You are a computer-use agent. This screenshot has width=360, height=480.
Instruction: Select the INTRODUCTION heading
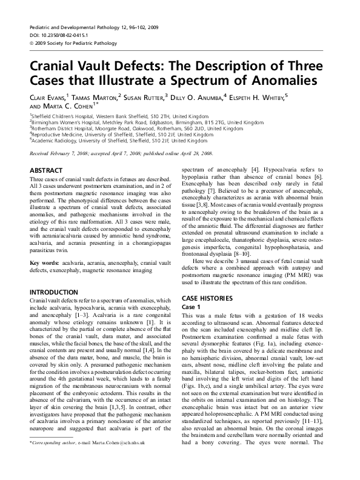(55, 293)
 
